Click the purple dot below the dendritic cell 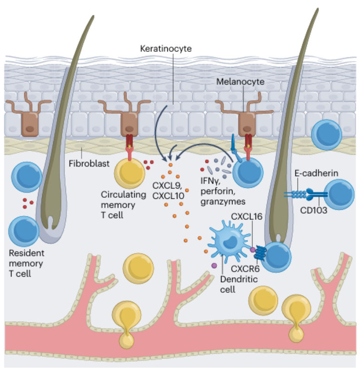tap(214, 266)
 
